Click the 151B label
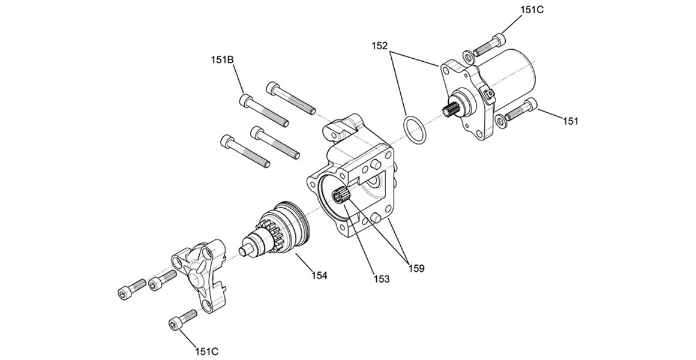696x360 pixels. click(x=222, y=60)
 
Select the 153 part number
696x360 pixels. click(x=382, y=279)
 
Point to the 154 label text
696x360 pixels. click(x=319, y=275)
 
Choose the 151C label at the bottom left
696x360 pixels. click(x=206, y=350)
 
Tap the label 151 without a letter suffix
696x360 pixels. click(x=570, y=121)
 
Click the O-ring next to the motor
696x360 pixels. click(x=413, y=130)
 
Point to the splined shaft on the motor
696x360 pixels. click(x=452, y=112)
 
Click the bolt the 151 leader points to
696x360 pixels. click(x=520, y=111)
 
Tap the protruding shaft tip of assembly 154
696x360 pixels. click(x=246, y=248)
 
